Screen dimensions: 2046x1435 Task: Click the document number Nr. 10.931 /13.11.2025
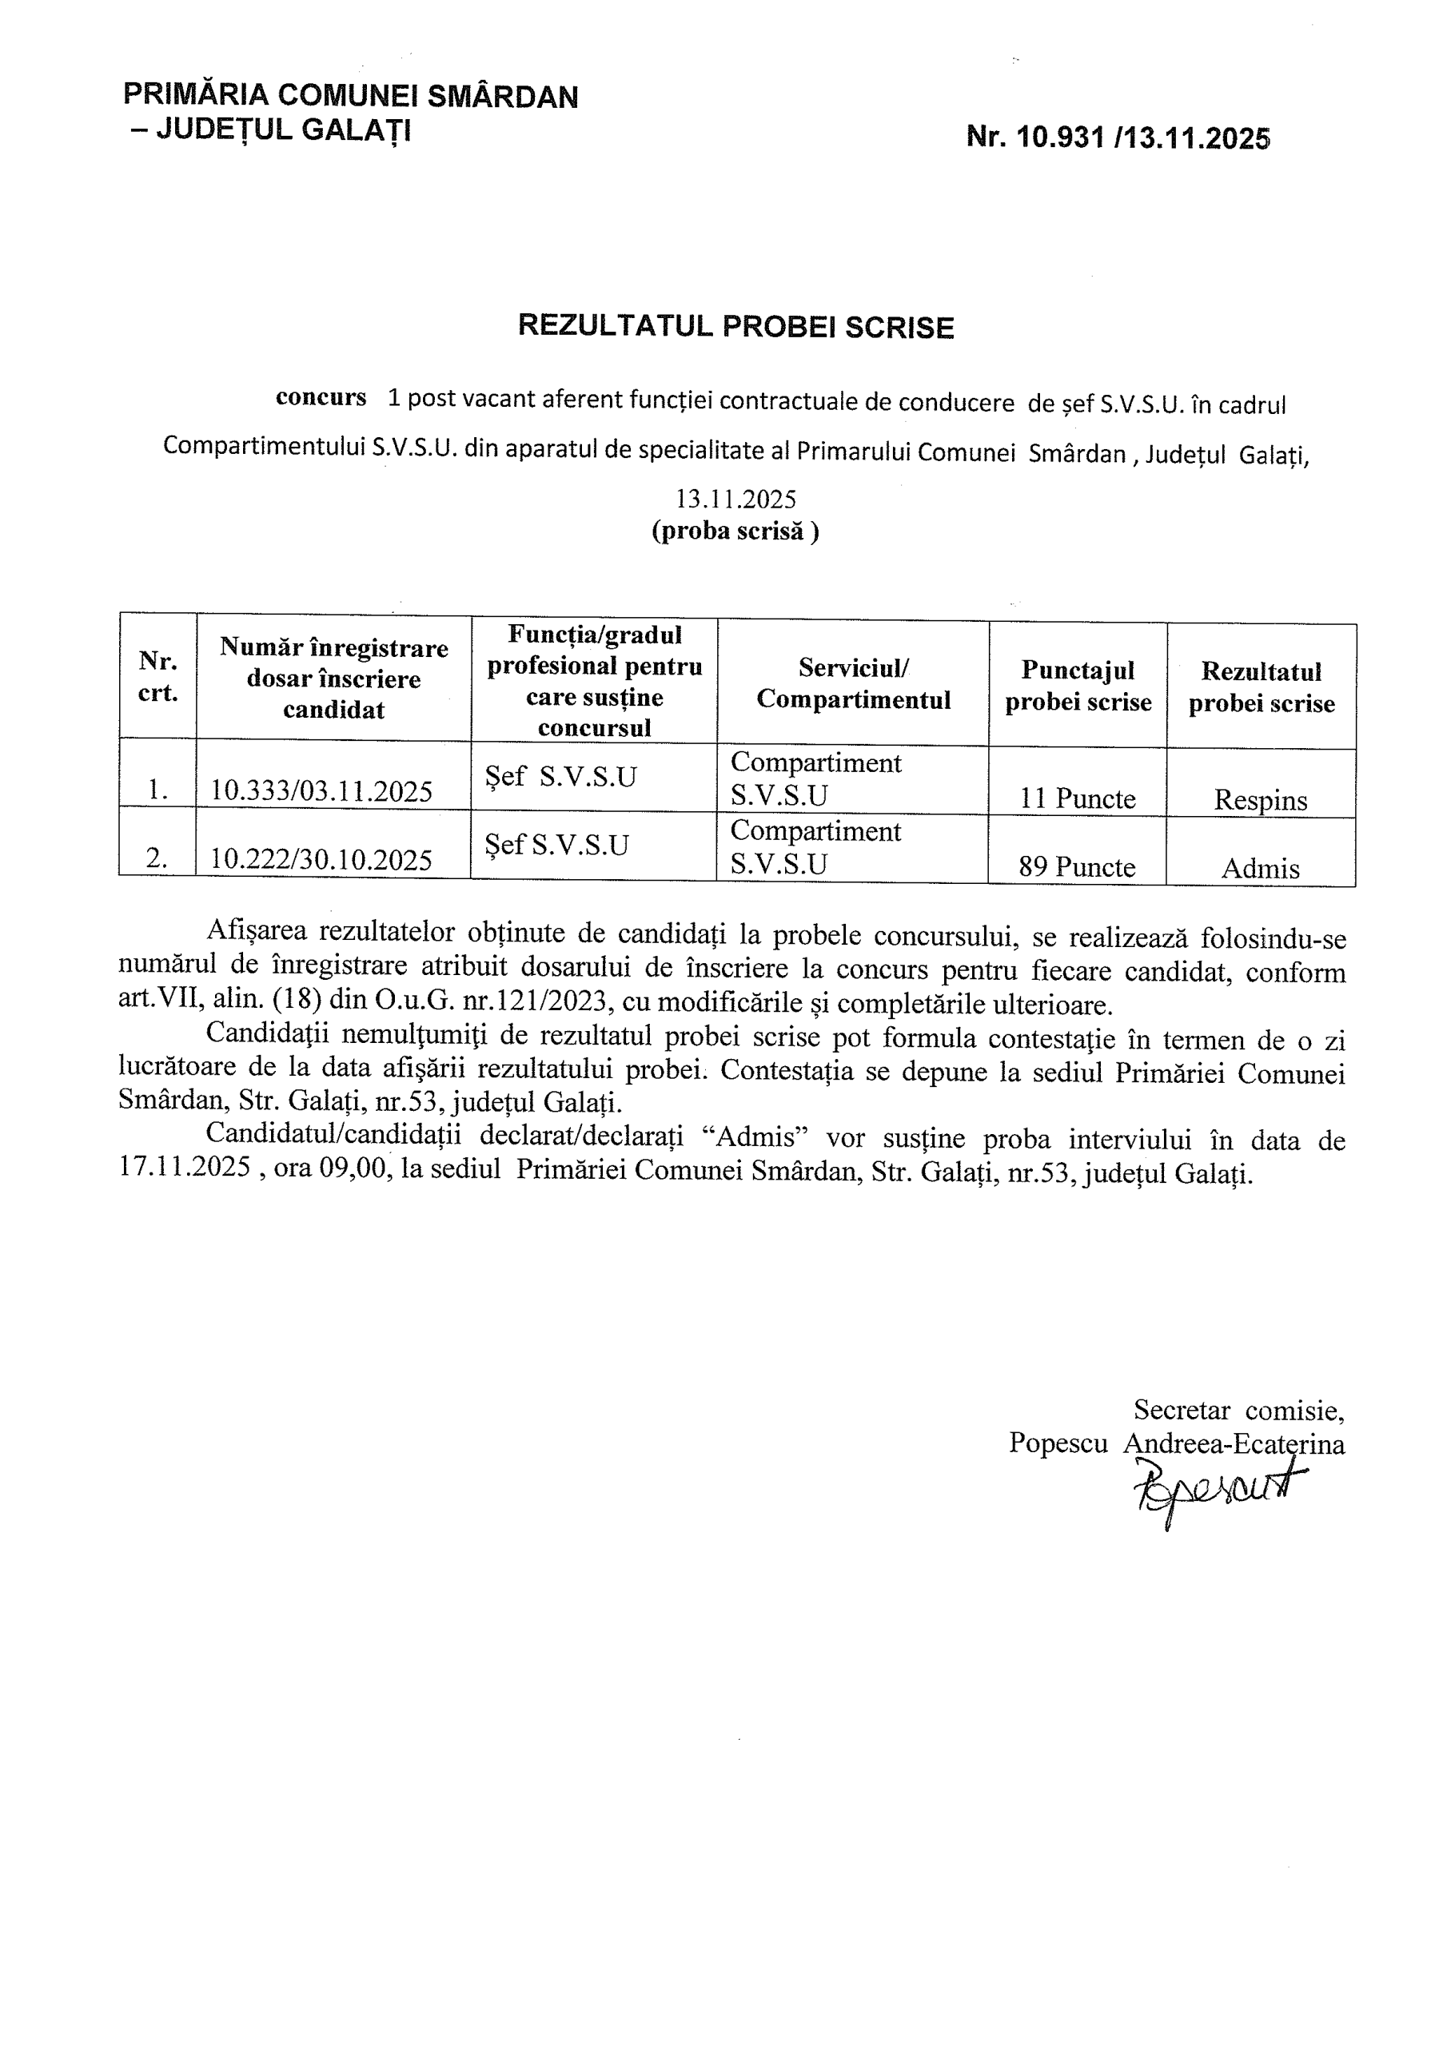1118,137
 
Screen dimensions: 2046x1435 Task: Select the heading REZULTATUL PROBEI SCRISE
735,327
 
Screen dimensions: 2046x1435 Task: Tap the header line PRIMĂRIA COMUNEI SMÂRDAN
350,95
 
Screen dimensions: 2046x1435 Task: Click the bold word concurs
321,397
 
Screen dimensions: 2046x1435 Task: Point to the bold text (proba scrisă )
735,531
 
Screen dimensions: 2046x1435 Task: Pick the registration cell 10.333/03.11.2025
321,790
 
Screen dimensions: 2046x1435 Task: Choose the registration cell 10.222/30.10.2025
321,859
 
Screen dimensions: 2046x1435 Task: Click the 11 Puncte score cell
1077,798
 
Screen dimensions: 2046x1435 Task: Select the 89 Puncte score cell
1077,866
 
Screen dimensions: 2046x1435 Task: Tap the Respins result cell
1259,800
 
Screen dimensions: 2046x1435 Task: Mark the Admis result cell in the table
1259,868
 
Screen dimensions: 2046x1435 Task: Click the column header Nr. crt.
157,676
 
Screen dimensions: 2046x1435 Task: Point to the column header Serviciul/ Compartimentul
853,683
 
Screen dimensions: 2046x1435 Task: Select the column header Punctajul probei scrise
1078,687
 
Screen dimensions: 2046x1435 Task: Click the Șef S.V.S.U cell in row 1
560,777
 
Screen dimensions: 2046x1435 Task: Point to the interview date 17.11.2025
185,1168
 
